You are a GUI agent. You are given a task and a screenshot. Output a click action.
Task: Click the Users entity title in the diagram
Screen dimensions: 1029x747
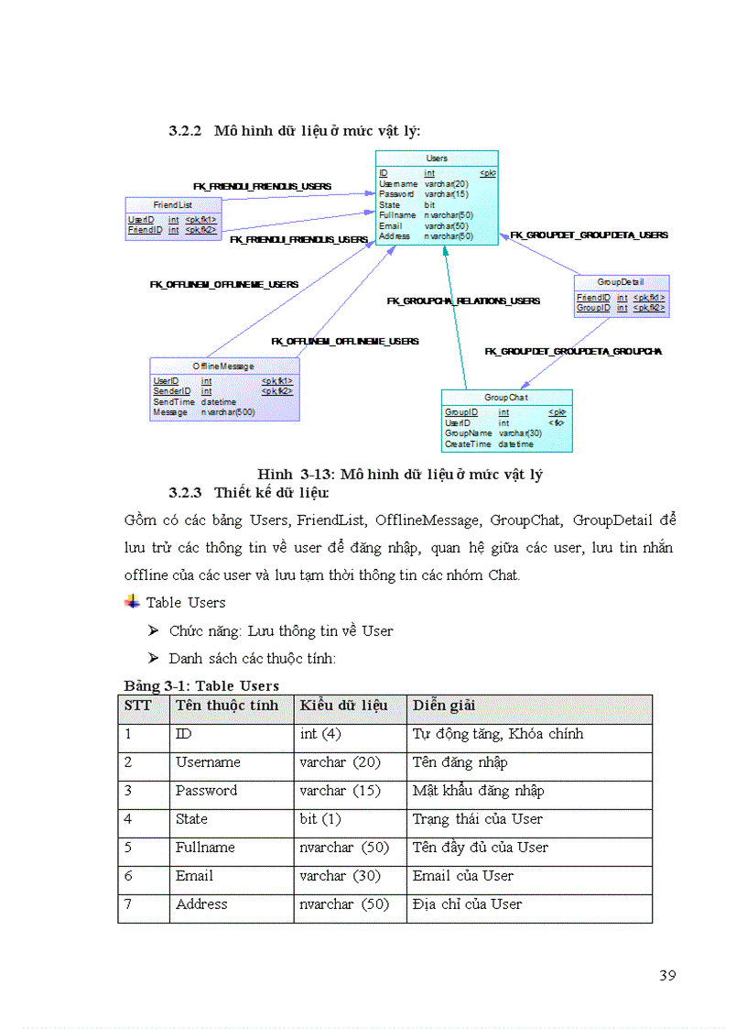click(437, 159)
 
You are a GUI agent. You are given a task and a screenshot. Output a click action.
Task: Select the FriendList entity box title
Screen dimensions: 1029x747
click(172, 205)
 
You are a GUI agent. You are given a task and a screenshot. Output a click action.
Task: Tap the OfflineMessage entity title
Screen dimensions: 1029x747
click(223, 366)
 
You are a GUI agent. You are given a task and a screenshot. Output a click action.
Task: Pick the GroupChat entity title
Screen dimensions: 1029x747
click(506, 398)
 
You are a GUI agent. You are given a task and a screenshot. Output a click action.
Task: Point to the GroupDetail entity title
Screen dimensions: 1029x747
click(621, 282)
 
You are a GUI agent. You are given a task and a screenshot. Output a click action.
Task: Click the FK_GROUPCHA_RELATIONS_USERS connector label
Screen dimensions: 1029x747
click(463, 301)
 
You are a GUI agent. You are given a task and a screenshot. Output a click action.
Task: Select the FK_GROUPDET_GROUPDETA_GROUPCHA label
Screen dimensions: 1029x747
click(573, 351)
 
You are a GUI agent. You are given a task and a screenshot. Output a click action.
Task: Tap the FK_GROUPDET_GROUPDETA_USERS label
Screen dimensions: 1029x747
click(589, 235)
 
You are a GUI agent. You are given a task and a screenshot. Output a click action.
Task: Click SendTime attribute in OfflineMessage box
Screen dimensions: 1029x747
click(173, 401)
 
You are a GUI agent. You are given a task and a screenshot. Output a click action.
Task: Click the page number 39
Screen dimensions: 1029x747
click(667, 975)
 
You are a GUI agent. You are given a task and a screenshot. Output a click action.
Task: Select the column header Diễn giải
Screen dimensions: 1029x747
click(444, 706)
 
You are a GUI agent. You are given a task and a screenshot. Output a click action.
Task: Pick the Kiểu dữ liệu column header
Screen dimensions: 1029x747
click(343, 706)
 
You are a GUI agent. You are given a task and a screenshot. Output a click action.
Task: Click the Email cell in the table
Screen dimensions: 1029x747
click(194, 876)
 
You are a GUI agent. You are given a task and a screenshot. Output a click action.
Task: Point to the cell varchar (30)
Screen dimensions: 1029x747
click(340, 876)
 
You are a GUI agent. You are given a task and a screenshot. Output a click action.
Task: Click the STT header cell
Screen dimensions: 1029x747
click(137, 706)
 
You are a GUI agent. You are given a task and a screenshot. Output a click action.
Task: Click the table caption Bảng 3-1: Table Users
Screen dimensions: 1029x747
click(201, 685)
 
